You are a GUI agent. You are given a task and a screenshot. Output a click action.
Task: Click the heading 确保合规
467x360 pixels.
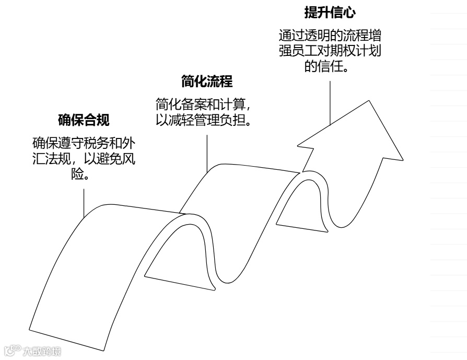click(84, 120)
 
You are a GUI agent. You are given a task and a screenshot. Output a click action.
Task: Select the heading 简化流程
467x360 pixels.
click(207, 82)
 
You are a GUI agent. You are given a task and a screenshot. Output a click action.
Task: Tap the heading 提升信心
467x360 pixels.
click(330, 11)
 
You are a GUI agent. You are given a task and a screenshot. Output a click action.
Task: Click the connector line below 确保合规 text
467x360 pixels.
click(84, 201)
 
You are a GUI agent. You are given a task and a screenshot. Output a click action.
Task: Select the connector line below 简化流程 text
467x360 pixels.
click(207, 152)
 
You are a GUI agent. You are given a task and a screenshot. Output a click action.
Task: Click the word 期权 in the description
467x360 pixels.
click(357, 51)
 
